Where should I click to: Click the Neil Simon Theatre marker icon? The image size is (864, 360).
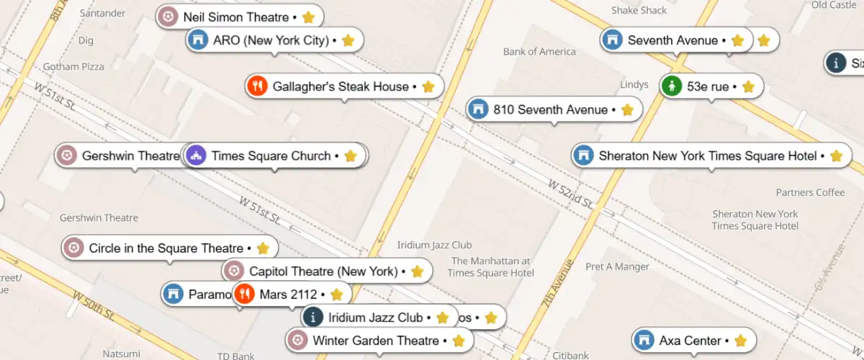click(168, 17)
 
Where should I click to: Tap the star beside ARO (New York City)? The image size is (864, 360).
click(348, 40)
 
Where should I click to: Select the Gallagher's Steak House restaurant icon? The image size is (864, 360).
click(257, 86)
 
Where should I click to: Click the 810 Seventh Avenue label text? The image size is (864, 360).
click(550, 109)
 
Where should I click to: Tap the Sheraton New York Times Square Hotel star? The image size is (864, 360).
click(836, 156)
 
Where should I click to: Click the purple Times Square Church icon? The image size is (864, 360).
click(197, 156)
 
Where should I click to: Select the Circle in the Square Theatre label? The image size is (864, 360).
click(166, 248)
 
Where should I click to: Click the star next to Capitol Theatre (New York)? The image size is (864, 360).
click(417, 271)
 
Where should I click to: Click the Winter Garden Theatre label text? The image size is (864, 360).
click(375, 341)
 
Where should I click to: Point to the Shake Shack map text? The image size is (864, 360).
click(639, 10)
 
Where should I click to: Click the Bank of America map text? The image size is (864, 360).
click(539, 52)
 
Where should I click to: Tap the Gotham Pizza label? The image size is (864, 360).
click(73, 67)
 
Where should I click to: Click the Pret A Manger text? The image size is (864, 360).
click(617, 266)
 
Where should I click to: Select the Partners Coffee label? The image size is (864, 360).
click(810, 192)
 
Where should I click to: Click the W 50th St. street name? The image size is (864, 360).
click(94, 305)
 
